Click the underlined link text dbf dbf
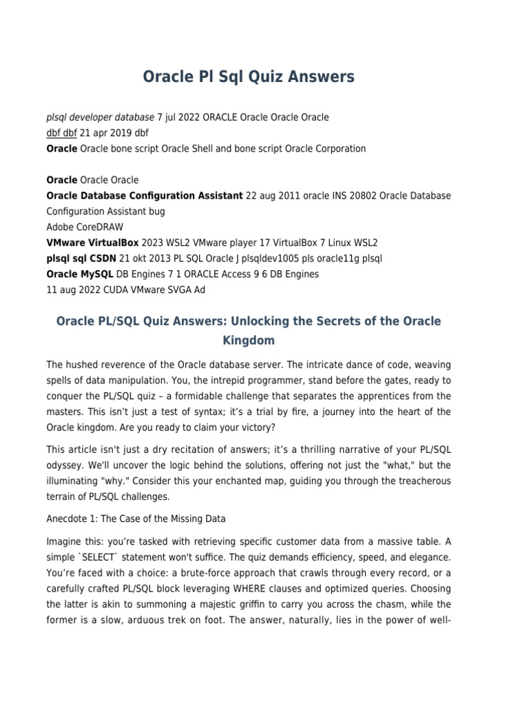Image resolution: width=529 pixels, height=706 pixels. coord(61,132)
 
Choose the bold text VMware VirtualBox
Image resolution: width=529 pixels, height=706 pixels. coord(93,243)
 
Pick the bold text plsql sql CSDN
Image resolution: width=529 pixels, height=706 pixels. coord(81,259)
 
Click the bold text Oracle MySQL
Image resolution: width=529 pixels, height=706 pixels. coord(79,274)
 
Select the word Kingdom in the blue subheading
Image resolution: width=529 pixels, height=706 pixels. coord(248,341)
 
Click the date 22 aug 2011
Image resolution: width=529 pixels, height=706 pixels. coord(273,196)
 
